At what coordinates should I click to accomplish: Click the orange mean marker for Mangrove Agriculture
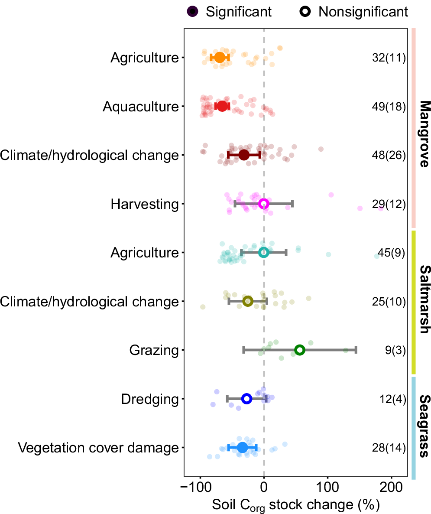220,58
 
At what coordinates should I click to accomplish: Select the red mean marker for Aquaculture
222,106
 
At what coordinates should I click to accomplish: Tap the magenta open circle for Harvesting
263,204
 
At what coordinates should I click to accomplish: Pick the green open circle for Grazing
299,350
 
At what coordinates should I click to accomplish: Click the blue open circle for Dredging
246,399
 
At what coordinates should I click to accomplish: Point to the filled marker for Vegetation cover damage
242,447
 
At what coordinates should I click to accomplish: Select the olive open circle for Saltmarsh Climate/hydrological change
248,301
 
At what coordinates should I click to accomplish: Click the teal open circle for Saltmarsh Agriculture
263,252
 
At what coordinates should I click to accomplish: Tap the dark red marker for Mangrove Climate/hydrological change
244,155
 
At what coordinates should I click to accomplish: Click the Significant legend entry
230,12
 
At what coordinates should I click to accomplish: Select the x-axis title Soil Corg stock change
296,505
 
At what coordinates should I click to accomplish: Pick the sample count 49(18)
389,107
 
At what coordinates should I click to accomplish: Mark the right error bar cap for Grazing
356,350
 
